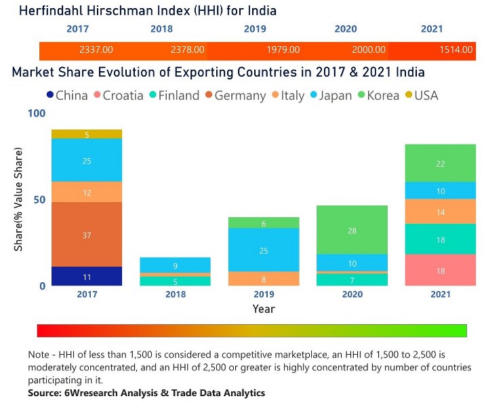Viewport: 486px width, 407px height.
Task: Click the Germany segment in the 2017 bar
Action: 87,235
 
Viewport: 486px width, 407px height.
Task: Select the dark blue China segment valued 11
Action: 87,277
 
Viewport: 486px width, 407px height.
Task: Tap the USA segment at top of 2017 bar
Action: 87,134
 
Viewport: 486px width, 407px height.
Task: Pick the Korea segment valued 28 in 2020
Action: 352,231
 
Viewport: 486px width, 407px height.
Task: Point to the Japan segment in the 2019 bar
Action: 264,250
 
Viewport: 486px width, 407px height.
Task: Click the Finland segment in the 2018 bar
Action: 176,282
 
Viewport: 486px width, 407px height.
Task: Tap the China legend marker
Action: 50,96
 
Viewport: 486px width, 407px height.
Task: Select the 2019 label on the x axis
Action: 264,295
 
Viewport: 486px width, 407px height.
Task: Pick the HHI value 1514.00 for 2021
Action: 457,50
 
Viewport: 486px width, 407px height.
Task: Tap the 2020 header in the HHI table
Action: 346,29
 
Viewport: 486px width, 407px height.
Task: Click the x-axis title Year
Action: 264,309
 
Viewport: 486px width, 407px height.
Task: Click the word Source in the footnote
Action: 45,393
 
